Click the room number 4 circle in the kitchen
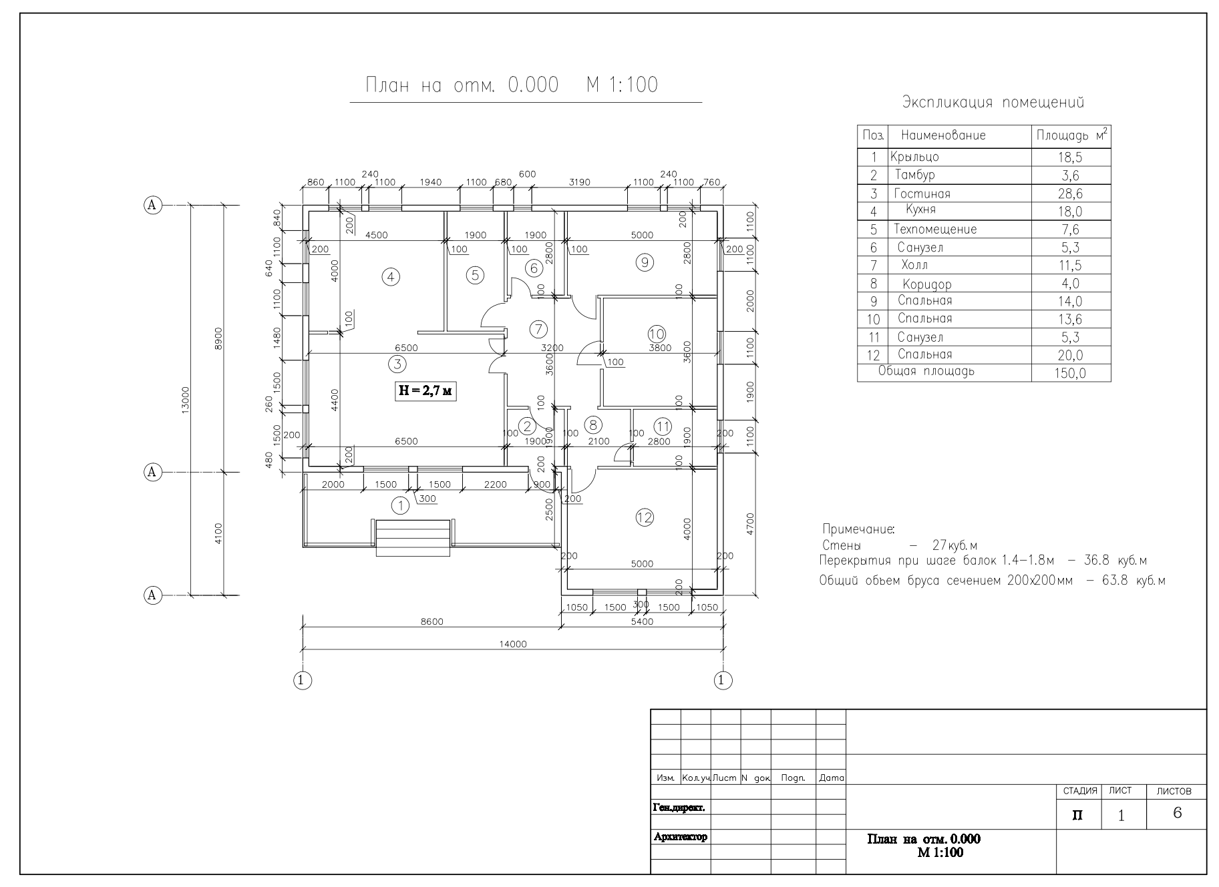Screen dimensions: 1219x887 point(390,276)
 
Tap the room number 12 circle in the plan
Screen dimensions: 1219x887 point(645,517)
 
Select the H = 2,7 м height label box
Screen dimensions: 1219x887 point(425,390)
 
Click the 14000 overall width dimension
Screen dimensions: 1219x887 point(513,644)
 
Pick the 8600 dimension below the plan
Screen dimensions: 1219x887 point(431,621)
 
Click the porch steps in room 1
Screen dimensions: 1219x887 point(413,538)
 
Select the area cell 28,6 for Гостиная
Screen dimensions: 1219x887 point(1071,194)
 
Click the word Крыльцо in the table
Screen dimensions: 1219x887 point(914,158)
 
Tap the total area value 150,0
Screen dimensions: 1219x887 point(1070,373)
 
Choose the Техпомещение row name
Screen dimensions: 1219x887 point(935,230)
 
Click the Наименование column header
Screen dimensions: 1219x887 point(943,135)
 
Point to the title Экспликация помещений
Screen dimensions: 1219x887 point(993,102)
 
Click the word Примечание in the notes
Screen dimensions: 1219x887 point(858,529)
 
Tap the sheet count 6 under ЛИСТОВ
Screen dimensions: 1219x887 point(1177,813)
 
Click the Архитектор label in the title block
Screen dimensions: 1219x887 point(680,837)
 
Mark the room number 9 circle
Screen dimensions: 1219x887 point(645,262)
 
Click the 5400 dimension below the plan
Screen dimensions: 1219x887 point(642,621)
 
